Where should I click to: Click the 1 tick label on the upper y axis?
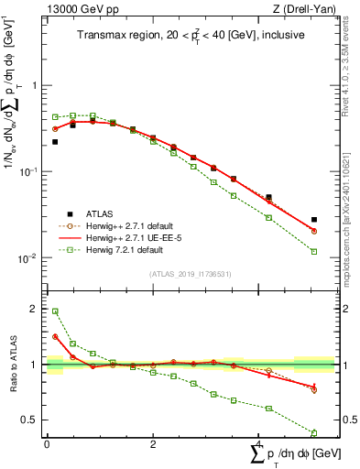[x=34, y=85]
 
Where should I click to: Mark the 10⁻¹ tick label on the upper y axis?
[x=30, y=171]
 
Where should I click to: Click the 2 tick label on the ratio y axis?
[x=34, y=310]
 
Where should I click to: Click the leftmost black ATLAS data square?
[x=55, y=142]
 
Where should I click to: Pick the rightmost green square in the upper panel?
[x=314, y=251]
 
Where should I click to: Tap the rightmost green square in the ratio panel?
[x=314, y=432]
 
